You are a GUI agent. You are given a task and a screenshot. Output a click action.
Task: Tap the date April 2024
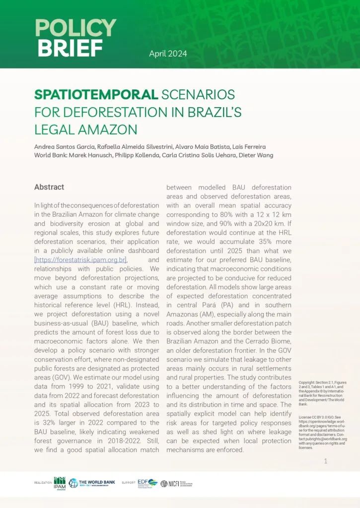[168, 54]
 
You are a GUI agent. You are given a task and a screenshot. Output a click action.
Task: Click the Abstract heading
[49, 187]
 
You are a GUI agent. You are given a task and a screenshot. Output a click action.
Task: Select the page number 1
[325, 461]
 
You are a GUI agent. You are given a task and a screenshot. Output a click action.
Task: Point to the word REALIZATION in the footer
[43, 483]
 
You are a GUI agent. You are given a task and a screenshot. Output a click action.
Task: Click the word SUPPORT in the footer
[128, 483]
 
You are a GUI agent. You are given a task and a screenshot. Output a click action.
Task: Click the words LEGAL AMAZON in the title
[85, 129]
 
